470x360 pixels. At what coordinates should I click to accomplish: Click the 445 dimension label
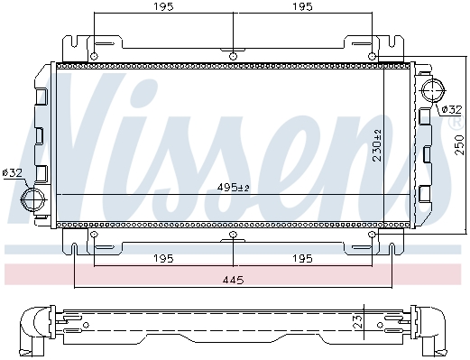point(233,281)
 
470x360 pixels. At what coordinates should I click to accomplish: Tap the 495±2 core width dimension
point(234,188)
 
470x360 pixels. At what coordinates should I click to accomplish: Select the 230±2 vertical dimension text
point(377,145)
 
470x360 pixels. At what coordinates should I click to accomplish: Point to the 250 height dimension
point(459,145)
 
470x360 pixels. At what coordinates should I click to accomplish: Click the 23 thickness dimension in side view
point(357,322)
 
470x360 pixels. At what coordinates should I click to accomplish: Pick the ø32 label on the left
point(12,173)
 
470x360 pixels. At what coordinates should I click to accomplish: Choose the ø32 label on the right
point(452,109)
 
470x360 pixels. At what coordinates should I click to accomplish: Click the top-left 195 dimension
point(164,6)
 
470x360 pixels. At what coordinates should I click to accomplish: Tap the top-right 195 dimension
point(302,6)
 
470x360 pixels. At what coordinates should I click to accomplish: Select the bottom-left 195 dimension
point(164,258)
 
